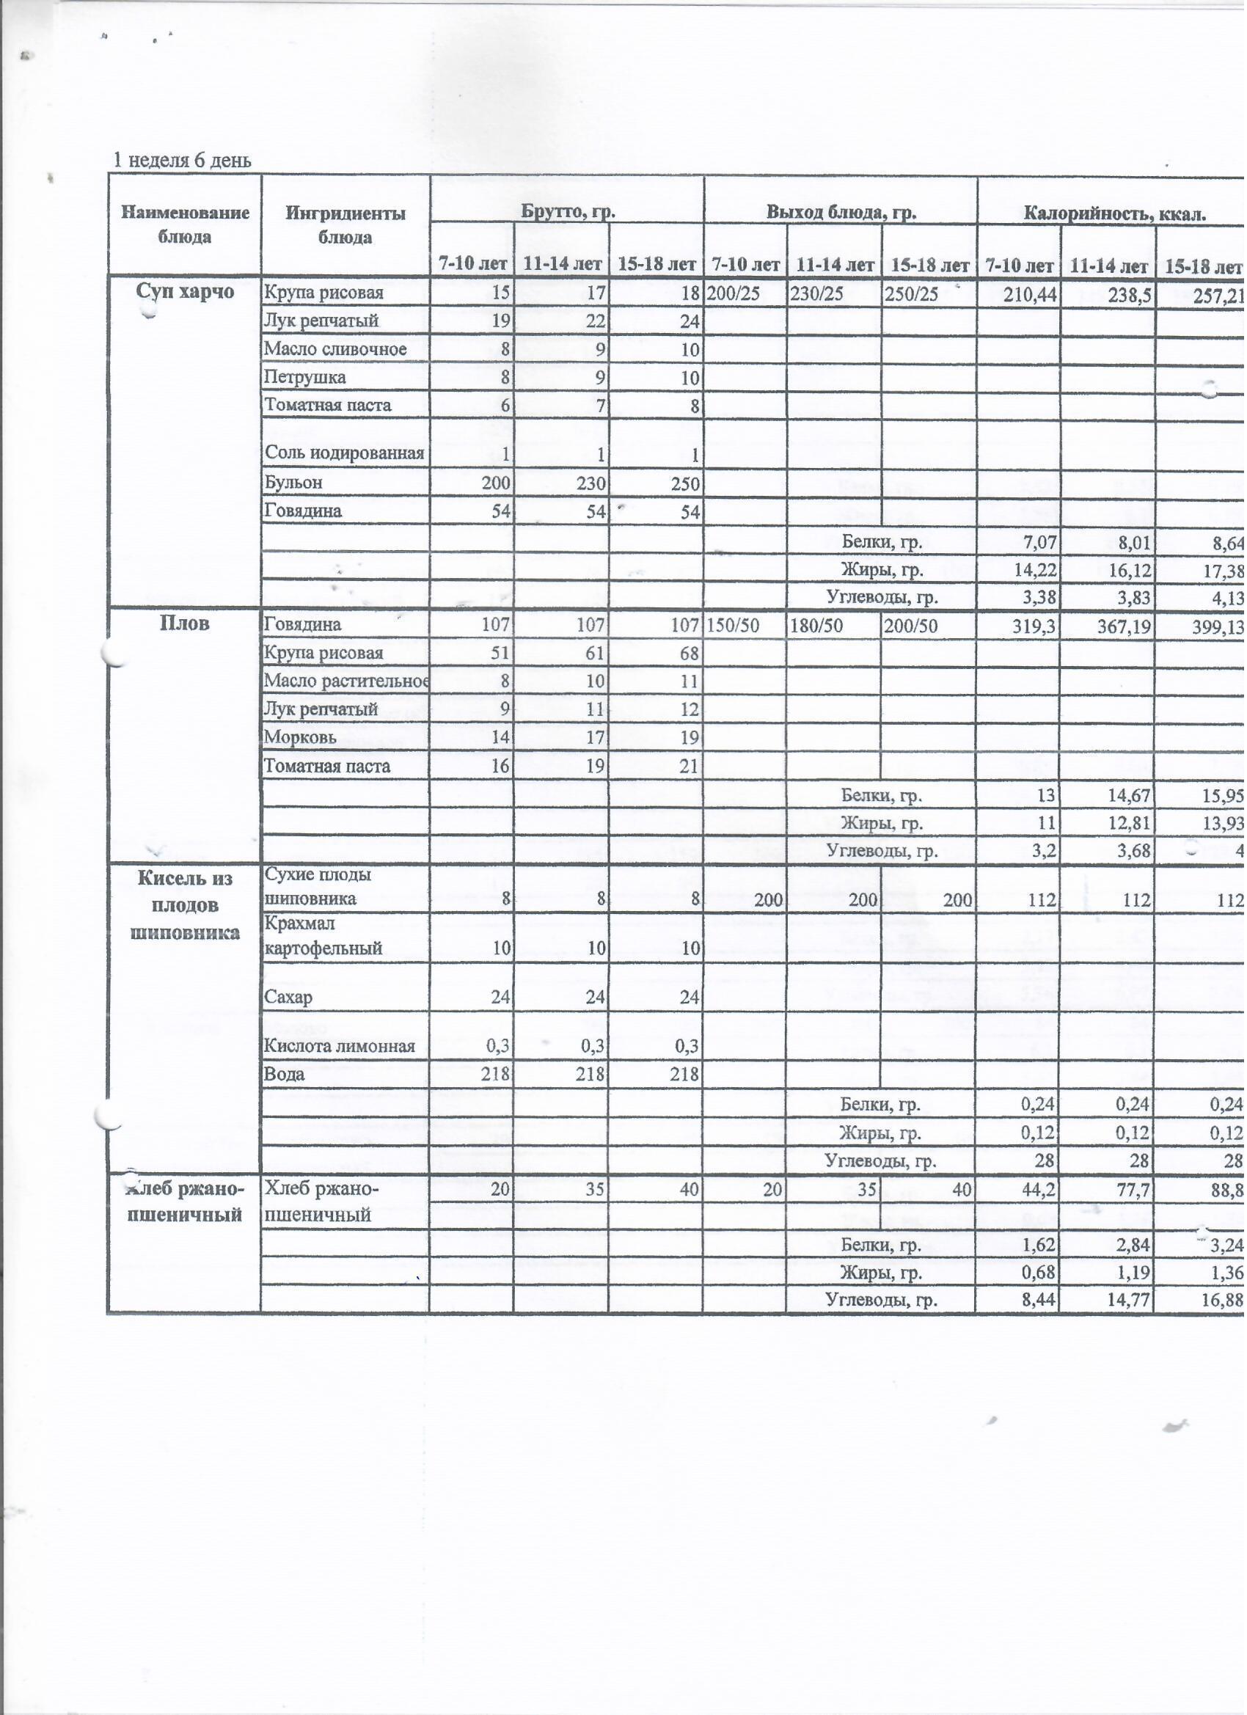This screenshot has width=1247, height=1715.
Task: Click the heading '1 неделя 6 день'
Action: coord(182,161)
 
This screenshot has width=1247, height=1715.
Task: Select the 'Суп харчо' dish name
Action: coord(186,292)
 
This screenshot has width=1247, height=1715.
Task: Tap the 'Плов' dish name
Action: coord(186,624)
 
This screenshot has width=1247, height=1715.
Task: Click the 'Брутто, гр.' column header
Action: coord(568,213)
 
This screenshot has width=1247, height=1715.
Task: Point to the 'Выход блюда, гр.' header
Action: coord(841,213)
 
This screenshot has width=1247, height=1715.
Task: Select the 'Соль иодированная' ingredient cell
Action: coord(344,454)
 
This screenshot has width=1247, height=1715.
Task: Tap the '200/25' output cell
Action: coord(733,293)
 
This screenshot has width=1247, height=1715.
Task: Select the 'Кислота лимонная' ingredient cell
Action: coord(340,1047)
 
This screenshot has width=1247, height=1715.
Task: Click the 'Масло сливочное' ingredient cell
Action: coord(335,349)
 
